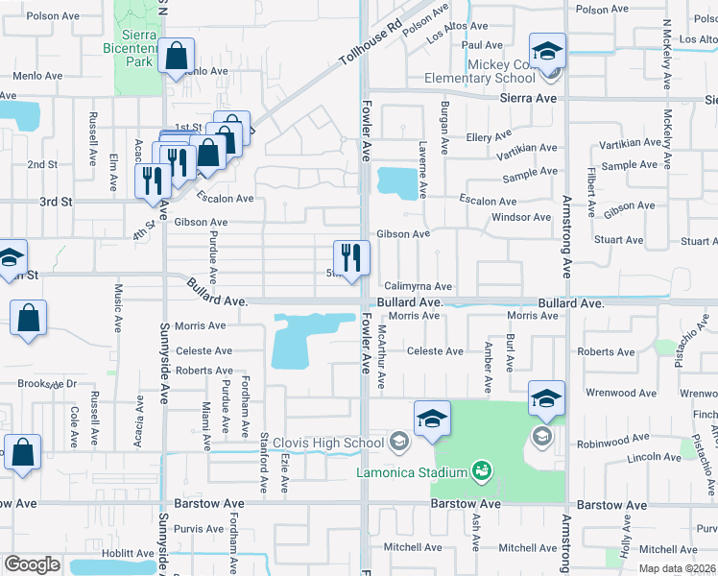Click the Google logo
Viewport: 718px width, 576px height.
(x=32, y=564)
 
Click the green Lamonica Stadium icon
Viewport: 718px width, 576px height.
(x=481, y=471)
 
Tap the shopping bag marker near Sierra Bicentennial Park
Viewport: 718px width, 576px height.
(x=178, y=57)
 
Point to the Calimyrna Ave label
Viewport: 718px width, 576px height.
(x=418, y=286)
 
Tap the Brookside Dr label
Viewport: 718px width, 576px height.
(x=47, y=384)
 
